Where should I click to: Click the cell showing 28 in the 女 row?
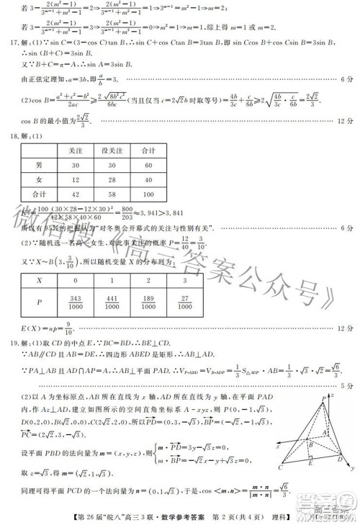click(110, 179)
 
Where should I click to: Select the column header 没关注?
click(110, 153)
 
